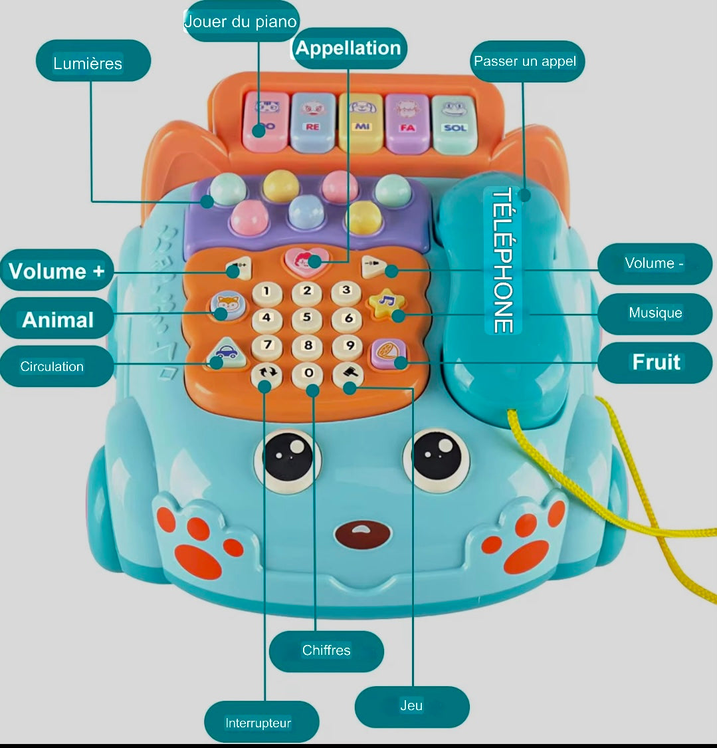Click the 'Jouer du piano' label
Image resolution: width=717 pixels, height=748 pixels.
[241, 21]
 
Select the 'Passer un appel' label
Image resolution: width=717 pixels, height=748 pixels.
[526, 61]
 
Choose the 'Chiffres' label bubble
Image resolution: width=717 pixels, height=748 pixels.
[326, 650]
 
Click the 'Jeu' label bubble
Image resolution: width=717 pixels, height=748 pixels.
[412, 705]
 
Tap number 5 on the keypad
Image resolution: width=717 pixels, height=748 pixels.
[306, 318]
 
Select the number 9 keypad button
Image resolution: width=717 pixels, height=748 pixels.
[347, 346]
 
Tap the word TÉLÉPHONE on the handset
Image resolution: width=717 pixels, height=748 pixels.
[502, 260]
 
